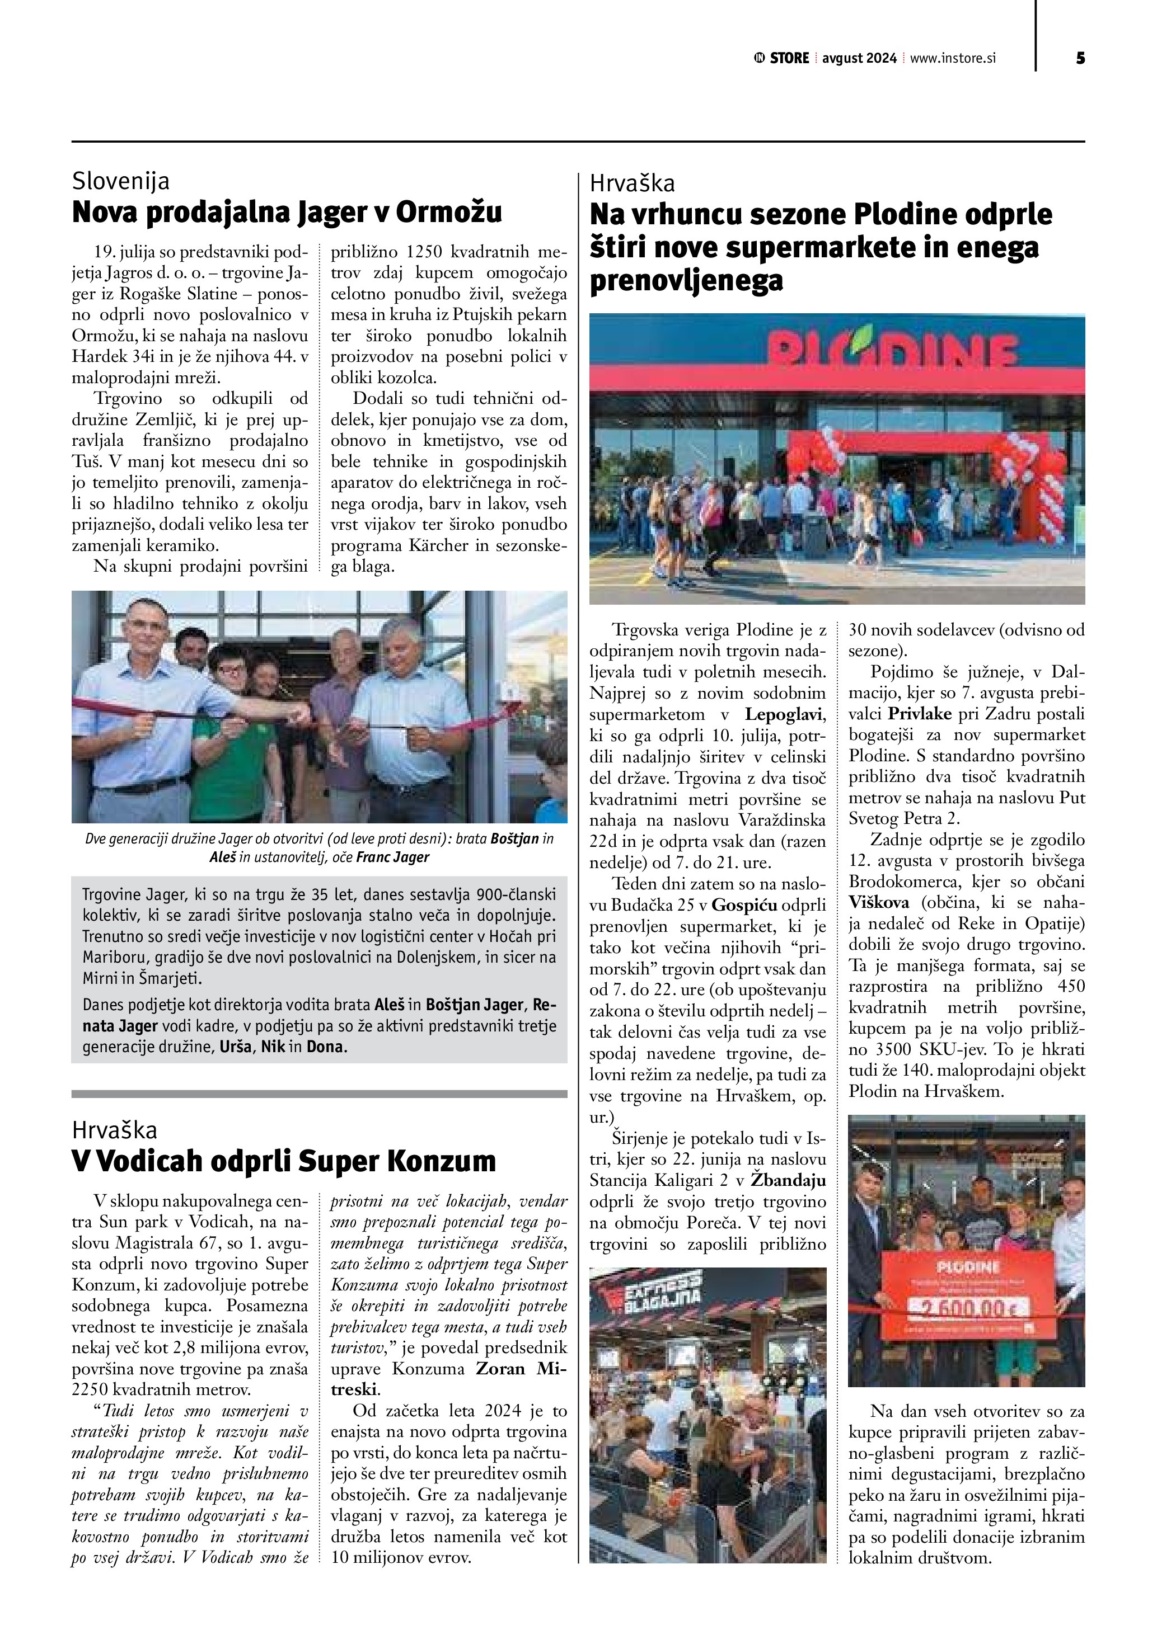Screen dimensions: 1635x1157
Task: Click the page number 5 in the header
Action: coord(1080,58)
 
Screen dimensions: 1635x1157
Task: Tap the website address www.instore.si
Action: coord(953,58)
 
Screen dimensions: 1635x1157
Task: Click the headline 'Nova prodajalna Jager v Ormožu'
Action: coord(287,212)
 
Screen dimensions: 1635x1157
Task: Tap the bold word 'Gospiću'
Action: coord(744,905)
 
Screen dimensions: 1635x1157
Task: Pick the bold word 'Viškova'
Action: coord(878,902)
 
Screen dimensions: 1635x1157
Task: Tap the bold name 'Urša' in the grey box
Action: coord(236,1048)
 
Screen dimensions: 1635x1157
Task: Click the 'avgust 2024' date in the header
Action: coord(859,58)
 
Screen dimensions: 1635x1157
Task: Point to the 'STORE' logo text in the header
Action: coord(789,58)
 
